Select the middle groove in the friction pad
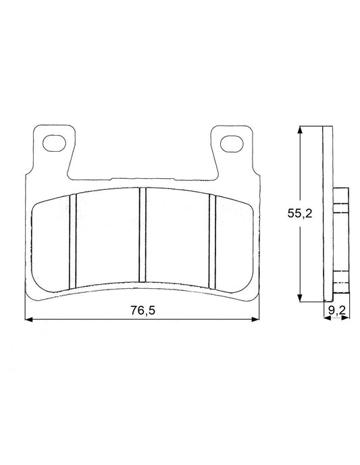point(143,235)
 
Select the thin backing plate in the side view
point(328,216)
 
